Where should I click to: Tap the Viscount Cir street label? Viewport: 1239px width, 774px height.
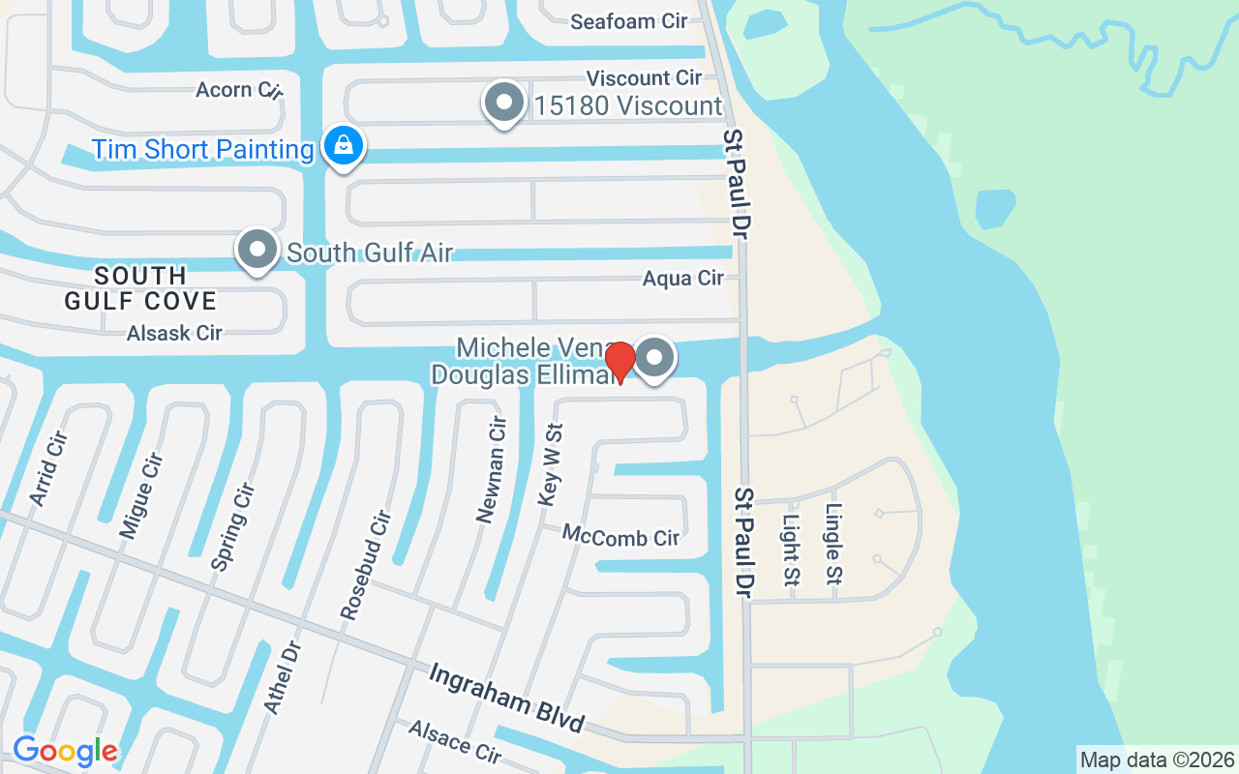click(644, 77)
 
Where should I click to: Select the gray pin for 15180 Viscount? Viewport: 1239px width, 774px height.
click(503, 103)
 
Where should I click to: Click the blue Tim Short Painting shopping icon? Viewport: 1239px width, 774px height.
click(342, 147)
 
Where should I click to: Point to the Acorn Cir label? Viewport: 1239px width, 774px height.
click(238, 90)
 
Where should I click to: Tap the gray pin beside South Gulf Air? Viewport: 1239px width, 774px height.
click(257, 250)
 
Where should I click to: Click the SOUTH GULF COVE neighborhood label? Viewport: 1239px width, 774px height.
click(140, 287)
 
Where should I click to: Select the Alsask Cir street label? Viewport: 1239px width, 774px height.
click(174, 333)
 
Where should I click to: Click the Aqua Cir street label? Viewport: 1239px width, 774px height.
click(683, 279)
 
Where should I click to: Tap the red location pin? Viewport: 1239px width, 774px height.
click(619, 362)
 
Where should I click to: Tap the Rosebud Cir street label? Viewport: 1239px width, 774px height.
click(364, 564)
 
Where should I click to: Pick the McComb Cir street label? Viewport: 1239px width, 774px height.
click(620, 536)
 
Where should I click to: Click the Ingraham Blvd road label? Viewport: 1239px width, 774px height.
click(507, 697)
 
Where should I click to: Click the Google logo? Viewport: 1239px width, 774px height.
click(65, 751)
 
